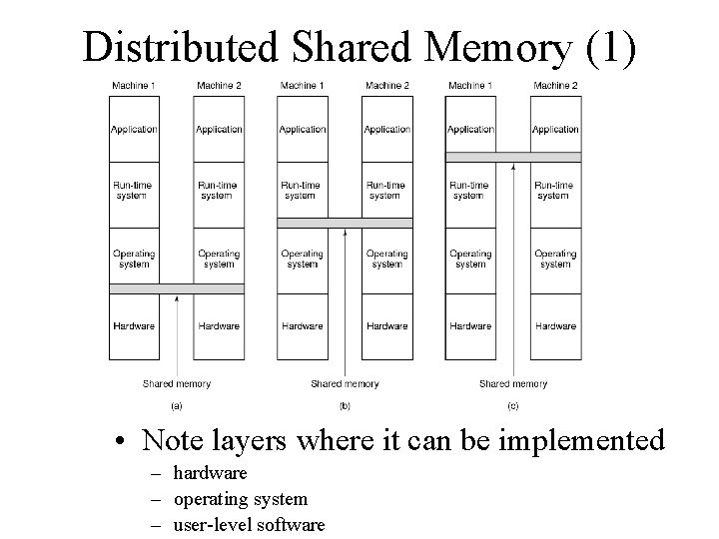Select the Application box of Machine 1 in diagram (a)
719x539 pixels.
134,129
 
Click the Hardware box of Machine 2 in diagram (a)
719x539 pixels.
219,326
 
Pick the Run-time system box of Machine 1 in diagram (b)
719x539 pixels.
302,190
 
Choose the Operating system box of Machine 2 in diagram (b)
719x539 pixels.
386,260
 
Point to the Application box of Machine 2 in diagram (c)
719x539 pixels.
555,129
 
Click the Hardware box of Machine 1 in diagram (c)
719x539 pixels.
470,326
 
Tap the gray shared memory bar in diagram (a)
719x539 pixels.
177,288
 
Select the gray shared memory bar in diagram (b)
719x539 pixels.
345,223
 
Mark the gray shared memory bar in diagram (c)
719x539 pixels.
513,157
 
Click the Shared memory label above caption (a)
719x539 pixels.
177,383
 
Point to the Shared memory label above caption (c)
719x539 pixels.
513,383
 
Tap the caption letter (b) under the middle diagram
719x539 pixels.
345,406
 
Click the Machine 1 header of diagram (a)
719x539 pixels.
134,86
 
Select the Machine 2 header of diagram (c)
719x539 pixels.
555,86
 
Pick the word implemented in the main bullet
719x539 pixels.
590,440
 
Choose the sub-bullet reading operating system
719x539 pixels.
240,498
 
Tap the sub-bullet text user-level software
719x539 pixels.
249,524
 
